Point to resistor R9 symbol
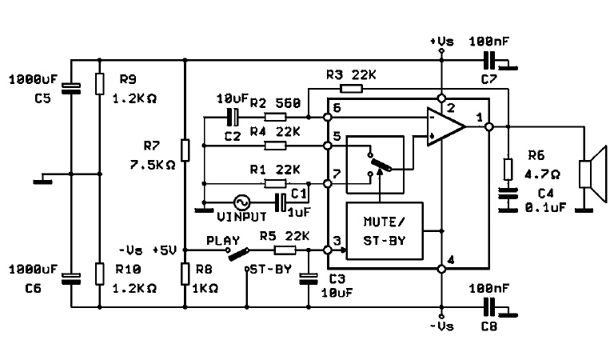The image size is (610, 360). click(x=99, y=82)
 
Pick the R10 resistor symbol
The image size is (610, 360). click(x=99, y=272)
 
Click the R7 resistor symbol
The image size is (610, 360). click(x=185, y=150)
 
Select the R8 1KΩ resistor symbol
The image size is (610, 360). click(x=185, y=273)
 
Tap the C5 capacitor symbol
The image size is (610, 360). click(x=70, y=86)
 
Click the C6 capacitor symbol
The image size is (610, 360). click(x=70, y=278)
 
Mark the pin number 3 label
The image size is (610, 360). click(x=337, y=241)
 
